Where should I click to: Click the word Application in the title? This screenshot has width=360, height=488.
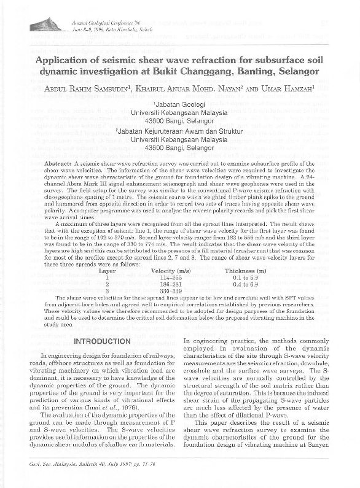click(69, 61)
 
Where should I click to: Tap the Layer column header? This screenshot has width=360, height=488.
click(108, 271)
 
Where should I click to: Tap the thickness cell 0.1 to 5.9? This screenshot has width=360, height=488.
click(245, 277)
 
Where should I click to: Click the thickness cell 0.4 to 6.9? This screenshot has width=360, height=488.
click(245, 284)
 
